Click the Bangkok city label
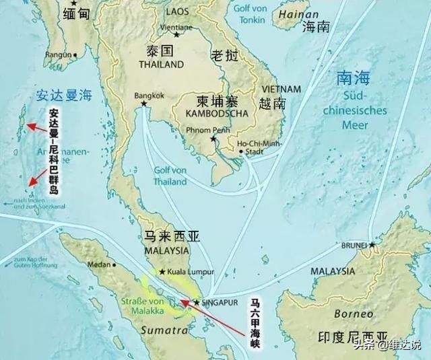[x=149, y=96]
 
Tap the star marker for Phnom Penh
[x=213, y=139]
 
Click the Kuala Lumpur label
[x=191, y=272]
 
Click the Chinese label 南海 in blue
[x=353, y=79]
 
